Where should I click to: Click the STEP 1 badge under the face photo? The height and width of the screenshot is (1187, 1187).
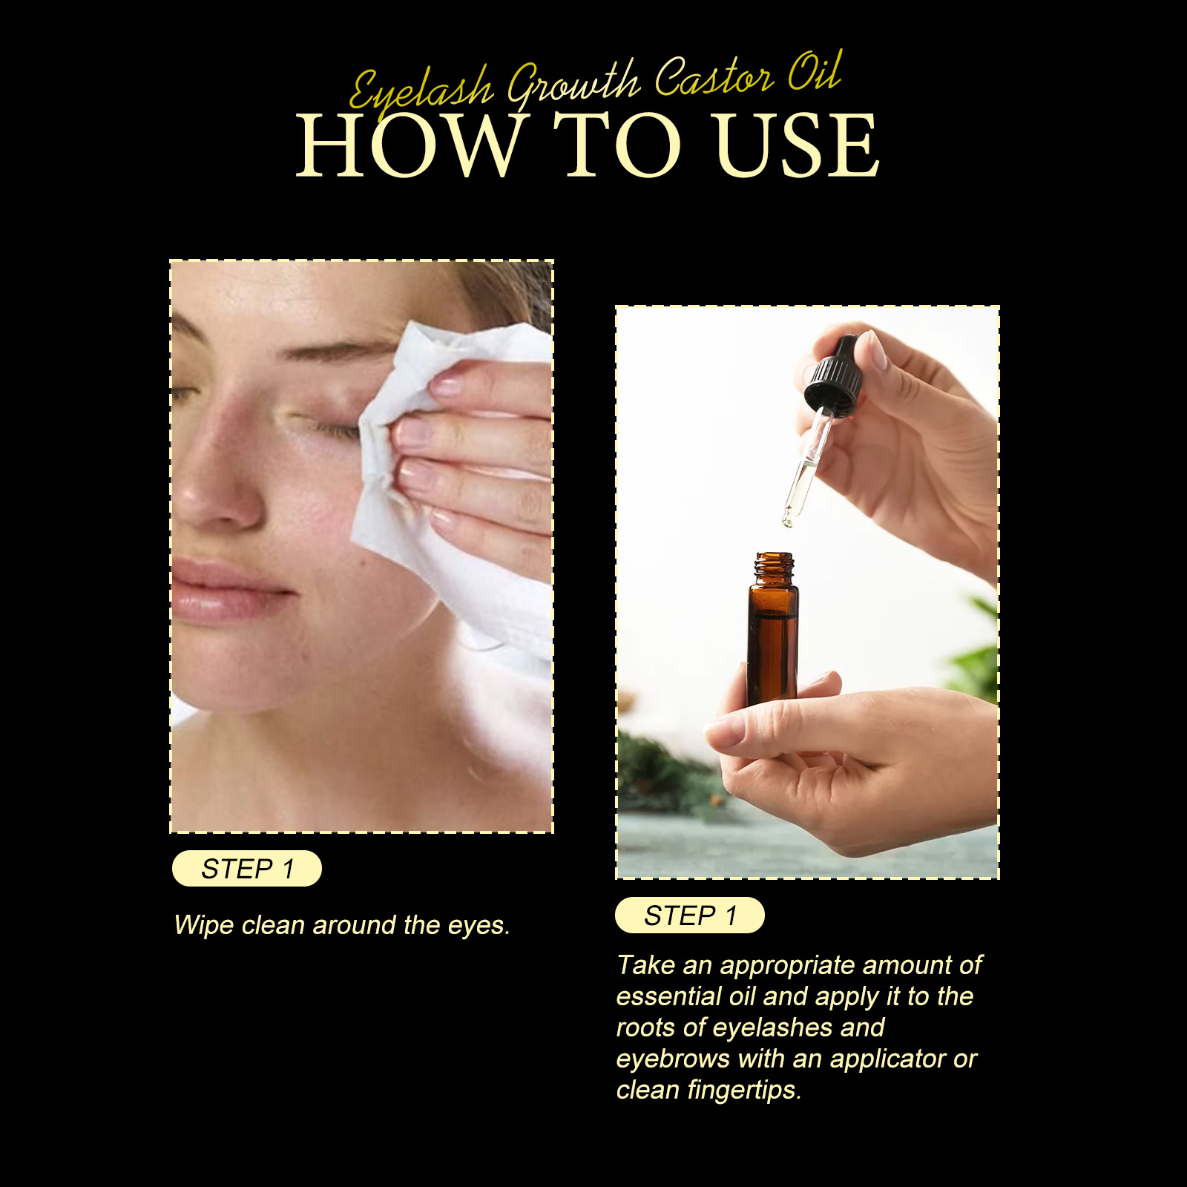pyautogui.click(x=247, y=868)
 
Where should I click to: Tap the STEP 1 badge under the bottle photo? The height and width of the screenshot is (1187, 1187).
pyautogui.click(x=690, y=915)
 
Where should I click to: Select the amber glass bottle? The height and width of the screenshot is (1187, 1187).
pyautogui.click(x=773, y=638)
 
